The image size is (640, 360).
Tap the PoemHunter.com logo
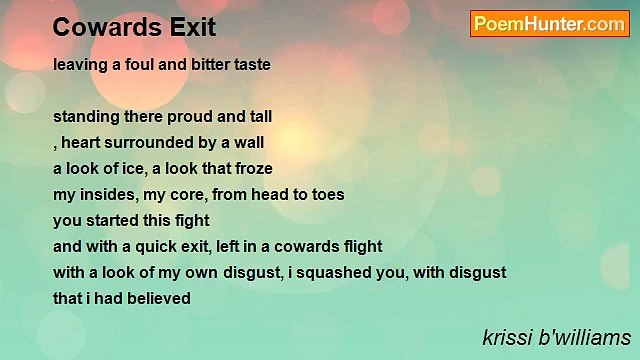(x=550, y=23)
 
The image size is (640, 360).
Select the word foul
(x=138, y=64)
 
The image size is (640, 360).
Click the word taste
(x=252, y=64)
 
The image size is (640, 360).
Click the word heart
(x=82, y=142)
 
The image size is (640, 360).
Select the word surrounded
(x=149, y=142)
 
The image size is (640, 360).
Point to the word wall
(x=249, y=142)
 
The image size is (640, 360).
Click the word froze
(x=252, y=168)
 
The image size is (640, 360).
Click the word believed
(x=158, y=298)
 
